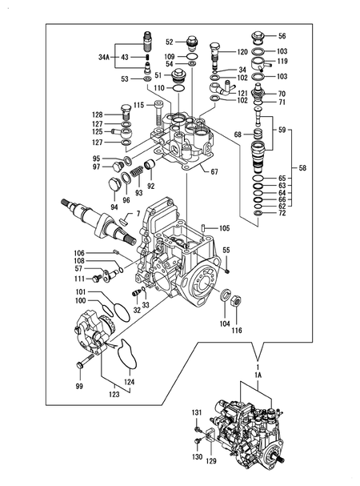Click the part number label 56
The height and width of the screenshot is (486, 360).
(282, 36)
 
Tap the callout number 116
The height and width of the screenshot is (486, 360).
(237, 331)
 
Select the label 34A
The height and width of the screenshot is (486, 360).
(104, 57)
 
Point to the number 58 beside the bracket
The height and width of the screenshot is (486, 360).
(302, 168)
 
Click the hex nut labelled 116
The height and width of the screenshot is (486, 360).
(236, 300)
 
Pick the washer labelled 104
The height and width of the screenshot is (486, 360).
(225, 295)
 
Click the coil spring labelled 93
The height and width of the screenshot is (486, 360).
(137, 171)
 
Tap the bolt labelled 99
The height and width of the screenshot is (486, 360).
(84, 361)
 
